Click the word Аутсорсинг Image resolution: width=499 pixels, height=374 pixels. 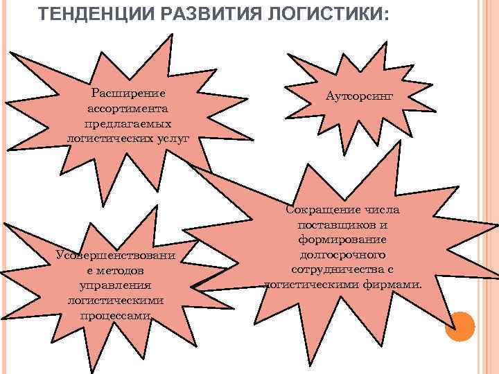click(358, 98)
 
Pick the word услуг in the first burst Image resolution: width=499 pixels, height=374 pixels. click(173, 138)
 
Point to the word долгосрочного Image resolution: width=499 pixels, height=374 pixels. click(342, 254)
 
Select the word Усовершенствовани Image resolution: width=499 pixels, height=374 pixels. click(115, 255)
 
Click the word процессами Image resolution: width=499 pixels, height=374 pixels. click(115, 315)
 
